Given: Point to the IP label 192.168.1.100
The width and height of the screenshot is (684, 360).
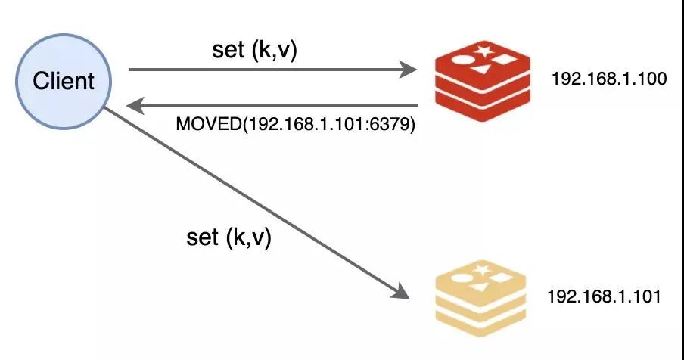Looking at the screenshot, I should (x=609, y=79).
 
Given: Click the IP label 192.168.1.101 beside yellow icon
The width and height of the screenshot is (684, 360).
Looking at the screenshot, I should (x=605, y=296).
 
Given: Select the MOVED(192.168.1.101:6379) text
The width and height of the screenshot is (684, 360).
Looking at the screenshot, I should (x=296, y=126).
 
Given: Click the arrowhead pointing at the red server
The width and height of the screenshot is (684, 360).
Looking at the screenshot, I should (x=411, y=70).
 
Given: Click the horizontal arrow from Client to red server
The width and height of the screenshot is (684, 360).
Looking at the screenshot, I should (x=265, y=70).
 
